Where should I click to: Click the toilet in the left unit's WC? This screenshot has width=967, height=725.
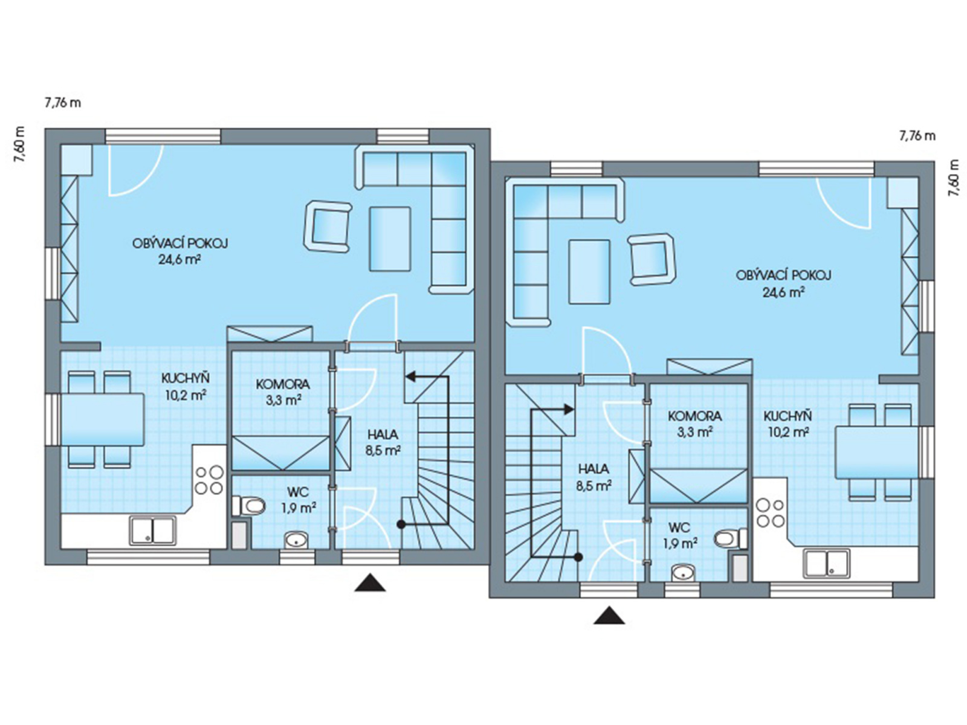[x=248, y=505]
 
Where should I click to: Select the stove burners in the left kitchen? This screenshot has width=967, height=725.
[x=209, y=480]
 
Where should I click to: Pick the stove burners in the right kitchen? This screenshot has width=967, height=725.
[x=771, y=513]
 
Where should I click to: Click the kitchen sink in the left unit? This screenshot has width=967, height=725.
[x=152, y=530]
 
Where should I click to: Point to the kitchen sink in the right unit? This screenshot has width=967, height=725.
[x=826, y=563]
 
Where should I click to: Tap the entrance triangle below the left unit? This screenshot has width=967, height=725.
[x=370, y=583]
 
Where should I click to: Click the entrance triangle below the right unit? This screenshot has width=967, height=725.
[x=609, y=616]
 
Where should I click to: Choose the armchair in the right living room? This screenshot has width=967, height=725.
[x=652, y=259]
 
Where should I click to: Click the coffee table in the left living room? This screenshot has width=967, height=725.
[x=390, y=239]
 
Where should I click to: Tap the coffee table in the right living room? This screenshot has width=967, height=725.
[x=589, y=272]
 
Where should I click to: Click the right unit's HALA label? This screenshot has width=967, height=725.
[x=593, y=469]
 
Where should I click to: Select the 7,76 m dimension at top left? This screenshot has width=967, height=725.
[x=63, y=103]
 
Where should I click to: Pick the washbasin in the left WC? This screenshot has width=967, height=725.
[x=296, y=540]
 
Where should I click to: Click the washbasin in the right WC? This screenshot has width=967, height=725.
[x=683, y=573]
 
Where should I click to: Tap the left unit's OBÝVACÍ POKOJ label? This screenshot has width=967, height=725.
[x=180, y=243]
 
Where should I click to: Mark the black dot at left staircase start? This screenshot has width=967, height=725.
[x=401, y=524]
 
